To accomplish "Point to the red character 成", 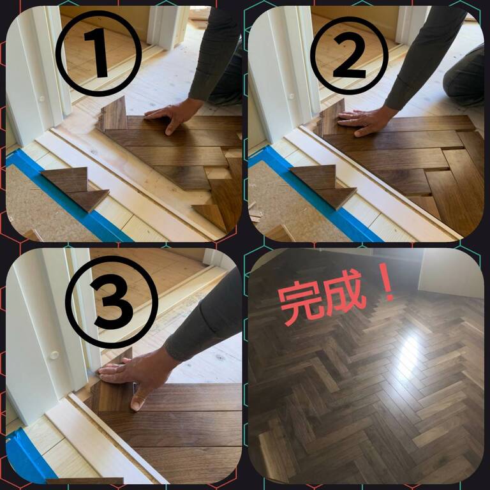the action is click(345, 292).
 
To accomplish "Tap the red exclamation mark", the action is click(387, 282).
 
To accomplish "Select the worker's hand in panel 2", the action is click(366, 121).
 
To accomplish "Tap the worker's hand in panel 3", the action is click(138, 373).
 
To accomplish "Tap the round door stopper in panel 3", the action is click(54, 355).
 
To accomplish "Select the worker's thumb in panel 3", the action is click(138, 400).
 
